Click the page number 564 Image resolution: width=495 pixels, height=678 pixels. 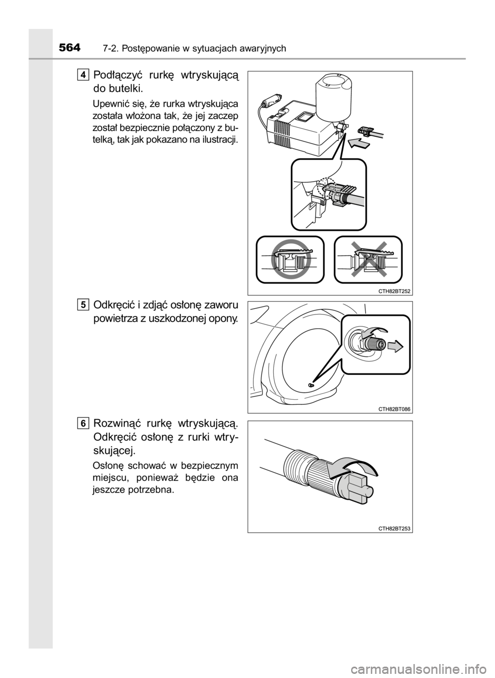click(70, 48)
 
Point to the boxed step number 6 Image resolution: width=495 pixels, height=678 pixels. click(82, 422)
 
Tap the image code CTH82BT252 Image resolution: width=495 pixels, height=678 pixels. click(394, 291)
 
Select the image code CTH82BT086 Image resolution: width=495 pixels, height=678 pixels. click(394, 409)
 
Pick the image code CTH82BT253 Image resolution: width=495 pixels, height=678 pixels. click(394, 529)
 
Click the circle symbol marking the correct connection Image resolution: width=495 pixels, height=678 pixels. click(291, 259)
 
